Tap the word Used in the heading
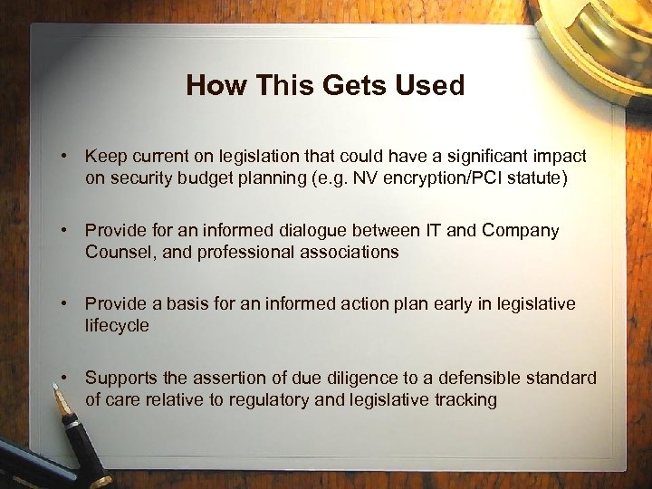pos(430,86)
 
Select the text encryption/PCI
pos(437,178)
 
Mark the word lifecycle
pos(118,325)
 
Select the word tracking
pos(465,399)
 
